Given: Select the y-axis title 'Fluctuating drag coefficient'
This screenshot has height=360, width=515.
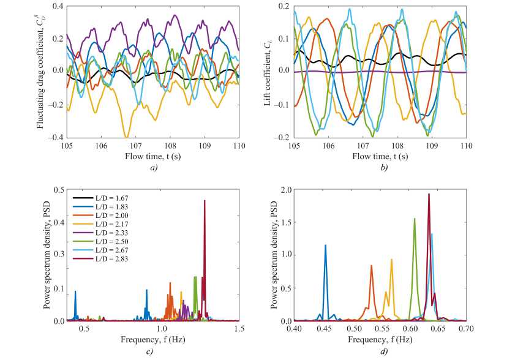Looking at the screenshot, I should point(40,71).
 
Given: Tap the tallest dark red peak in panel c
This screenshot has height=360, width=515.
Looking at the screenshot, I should point(205,201).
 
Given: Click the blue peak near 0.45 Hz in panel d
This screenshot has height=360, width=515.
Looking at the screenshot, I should point(325,246).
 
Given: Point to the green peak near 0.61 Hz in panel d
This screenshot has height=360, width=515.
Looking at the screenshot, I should point(415,219).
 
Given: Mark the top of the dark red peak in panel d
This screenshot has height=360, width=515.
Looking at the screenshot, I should point(429,194).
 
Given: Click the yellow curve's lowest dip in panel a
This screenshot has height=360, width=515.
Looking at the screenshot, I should point(126,136).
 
